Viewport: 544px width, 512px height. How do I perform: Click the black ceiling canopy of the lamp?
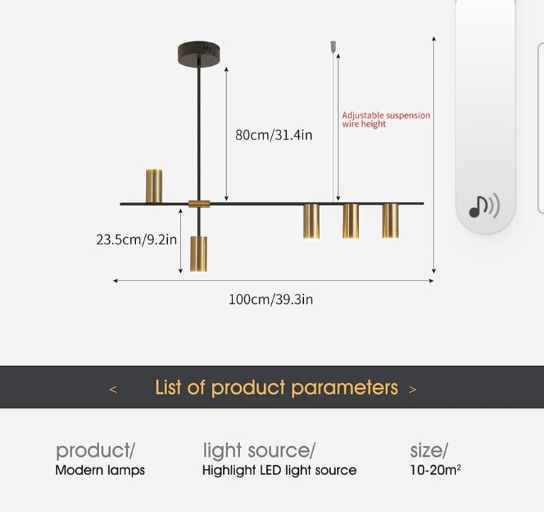[x=199, y=53]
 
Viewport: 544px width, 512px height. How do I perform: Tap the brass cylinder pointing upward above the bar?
[x=154, y=186]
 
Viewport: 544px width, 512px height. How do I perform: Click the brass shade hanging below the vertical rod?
[x=198, y=254]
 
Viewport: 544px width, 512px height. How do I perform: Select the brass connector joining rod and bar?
[x=199, y=204]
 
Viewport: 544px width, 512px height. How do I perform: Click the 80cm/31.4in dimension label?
[x=273, y=135]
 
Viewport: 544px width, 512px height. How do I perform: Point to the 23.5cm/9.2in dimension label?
[x=136, y=239]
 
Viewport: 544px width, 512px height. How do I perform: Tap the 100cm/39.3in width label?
[x=271, y=300]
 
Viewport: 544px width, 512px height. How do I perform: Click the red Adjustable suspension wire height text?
[x=386, y=120]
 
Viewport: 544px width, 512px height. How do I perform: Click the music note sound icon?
[x=484, y=206]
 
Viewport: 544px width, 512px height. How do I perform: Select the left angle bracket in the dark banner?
[x=113, y=389]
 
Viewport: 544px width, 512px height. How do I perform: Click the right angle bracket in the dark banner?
[x=412, y=389]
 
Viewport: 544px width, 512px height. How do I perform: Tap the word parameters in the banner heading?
[x=344, y=387]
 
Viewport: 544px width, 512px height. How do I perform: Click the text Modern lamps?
[x=100, y=470]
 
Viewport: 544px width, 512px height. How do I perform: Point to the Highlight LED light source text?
[x=279, y=470]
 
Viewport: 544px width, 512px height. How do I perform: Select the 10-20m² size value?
[x=436, y=470]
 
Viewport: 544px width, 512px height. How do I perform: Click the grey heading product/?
[x=96, y=450]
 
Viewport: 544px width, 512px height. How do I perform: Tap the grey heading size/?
[x=429, y=450]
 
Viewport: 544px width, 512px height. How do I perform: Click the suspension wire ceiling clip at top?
[x=333, y=47]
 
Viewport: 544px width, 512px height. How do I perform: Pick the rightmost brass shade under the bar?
[x=390, y=221]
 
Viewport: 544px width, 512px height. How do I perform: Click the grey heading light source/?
[x=259, y=450]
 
